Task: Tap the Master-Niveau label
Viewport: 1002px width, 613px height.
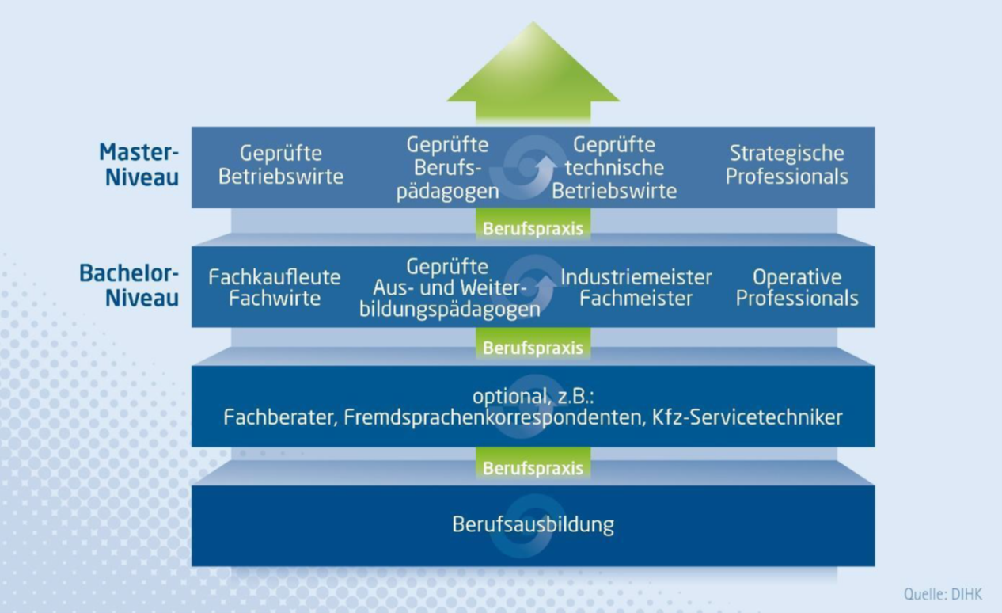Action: coord(139,164)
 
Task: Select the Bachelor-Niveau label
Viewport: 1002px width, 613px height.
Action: coord(129,285)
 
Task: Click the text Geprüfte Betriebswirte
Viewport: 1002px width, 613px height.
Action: coord(281,165)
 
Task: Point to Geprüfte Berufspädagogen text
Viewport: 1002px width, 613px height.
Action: coord(448,168)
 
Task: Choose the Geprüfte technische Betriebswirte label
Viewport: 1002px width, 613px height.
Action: coord(614,168)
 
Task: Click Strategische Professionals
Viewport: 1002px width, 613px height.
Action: coord(787,165)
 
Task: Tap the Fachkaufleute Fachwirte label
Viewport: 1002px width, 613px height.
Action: coord(275,287)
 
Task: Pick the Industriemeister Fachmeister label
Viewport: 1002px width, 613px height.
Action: coord(636,287)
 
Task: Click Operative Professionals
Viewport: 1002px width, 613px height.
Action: coord(797,287)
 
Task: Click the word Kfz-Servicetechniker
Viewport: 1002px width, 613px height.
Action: coord(747,417)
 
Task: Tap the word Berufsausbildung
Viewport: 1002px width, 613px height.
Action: coord(533,524)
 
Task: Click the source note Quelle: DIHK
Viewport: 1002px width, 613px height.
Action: coord(942,593)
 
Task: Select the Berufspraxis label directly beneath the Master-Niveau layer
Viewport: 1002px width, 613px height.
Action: coord(533,229)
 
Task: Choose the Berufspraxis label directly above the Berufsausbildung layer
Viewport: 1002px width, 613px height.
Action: coord(533,468)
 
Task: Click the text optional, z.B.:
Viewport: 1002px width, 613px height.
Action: coord(533,395)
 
